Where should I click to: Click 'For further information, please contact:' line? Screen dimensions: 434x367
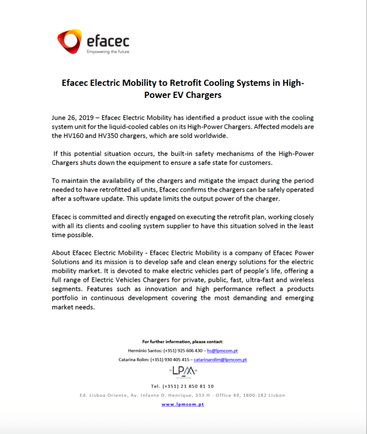(x=182, y=341)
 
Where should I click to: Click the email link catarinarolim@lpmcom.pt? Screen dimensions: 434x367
(x=220, y=360)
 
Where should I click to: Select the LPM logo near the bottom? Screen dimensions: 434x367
(x=182, y=371)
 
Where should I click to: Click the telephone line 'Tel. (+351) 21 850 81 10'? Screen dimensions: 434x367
(x=182, y=386)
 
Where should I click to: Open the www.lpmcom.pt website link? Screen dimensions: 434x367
(x=182, y=404)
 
